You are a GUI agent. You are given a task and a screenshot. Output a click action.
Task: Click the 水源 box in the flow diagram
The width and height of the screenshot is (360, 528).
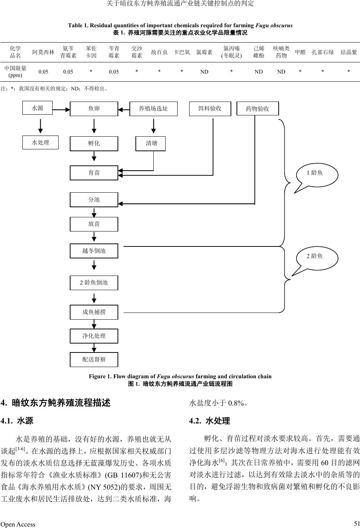[37, 108]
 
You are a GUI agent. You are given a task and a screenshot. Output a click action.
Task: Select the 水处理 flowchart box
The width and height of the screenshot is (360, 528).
[40, 142]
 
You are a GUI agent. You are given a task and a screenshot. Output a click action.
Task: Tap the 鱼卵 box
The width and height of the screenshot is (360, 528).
[94, 109]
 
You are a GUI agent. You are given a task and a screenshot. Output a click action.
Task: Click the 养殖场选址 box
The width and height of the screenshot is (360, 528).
[153, 109]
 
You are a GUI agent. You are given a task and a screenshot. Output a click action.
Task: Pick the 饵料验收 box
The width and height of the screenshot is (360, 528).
[210, 108]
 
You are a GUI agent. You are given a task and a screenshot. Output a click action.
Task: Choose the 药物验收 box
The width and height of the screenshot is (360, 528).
[257, 109]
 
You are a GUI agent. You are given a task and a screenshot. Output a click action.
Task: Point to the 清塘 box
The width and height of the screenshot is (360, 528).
[150, 143]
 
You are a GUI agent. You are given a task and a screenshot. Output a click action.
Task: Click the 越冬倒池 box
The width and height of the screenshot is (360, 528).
[94, 251]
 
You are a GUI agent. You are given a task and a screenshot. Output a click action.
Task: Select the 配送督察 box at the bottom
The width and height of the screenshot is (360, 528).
[94, 359]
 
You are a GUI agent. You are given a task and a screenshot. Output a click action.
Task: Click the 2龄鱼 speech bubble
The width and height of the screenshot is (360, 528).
[315, 257]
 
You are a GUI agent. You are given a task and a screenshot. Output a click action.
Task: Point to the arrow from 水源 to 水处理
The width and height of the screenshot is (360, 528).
[40, 125]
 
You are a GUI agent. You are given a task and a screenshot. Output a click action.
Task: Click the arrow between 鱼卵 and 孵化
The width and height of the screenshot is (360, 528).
[94, 126]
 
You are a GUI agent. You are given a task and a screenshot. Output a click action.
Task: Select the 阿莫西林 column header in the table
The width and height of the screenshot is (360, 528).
[43, 52]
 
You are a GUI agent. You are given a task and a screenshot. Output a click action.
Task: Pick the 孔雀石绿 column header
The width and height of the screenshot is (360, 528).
[323, 52]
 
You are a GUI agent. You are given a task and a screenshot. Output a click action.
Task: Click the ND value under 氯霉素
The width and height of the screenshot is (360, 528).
[204, 72]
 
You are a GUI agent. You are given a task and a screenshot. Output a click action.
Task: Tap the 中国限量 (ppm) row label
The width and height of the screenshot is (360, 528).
[15, 71]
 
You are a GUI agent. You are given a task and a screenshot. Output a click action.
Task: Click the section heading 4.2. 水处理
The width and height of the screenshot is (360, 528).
[210, 421]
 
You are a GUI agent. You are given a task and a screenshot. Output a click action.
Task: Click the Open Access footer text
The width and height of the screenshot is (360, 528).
[18, 524]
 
